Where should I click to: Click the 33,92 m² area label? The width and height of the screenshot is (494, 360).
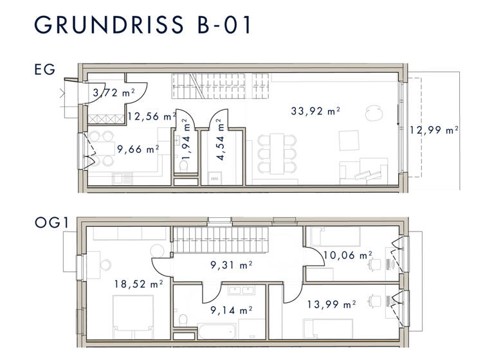pyautogui.click(x=315, y=111)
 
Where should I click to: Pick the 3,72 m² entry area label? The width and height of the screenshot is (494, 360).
pyautogui.click(x=113, y=93)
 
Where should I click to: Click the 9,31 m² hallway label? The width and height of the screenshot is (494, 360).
pyautogui.click(x=232, y=264)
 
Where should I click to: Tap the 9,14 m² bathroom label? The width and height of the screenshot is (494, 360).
pyautogui.click(x=232, y=309)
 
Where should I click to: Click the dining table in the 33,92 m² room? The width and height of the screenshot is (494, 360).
pyautogui.click(x=276, y=153)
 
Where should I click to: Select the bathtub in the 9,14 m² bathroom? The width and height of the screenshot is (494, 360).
pyautogui.click(x=217, y=331)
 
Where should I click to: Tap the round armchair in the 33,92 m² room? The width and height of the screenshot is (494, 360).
pyautogui.click(x=372, y=113)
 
